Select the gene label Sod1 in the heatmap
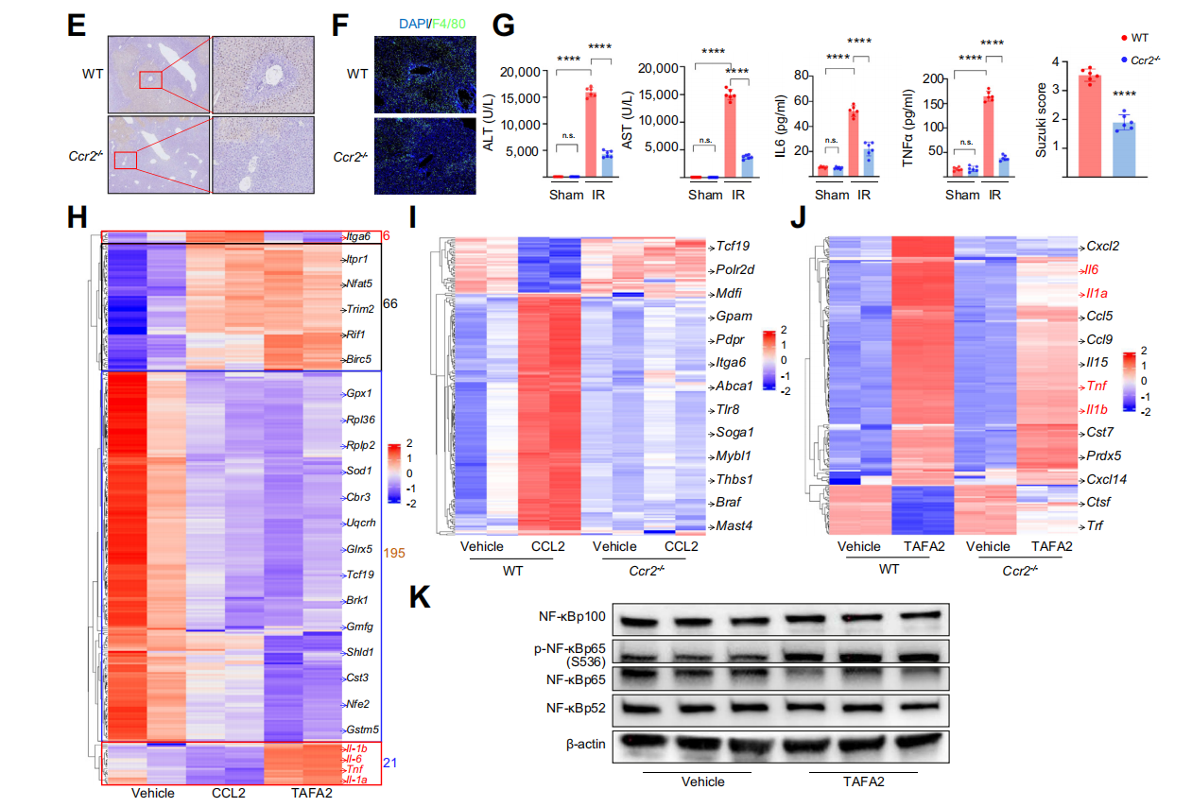click(x=357, y=470)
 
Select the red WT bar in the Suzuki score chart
click(x=1090, y=126)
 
